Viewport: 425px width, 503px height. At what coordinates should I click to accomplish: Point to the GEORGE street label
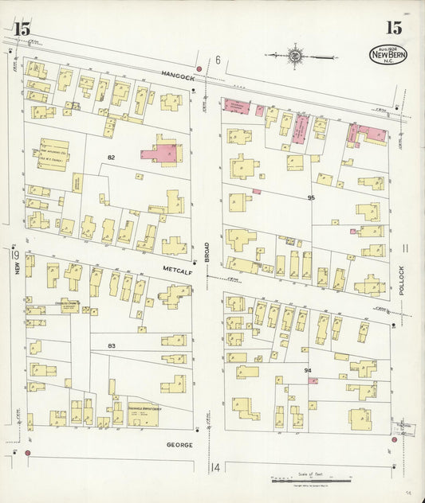click(x=179, y=444)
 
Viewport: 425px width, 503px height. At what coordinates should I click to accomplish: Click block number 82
click(x=111, y=158)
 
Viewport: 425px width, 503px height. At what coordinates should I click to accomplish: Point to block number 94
click(x=307, y=371)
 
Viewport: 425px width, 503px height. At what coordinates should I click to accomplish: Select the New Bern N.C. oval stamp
click(x=388, y=55)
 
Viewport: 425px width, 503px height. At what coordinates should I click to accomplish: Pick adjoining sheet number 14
click(x=215, y=467)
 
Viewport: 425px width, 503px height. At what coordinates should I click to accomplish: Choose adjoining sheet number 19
click(x=15, y=254)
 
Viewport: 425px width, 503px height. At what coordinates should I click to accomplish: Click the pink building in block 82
click(x=159, y=153)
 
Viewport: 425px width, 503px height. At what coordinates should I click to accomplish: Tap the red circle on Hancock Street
click(x=199, y=69)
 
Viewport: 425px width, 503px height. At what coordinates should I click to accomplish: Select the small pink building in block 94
click(x=313, y=380)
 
